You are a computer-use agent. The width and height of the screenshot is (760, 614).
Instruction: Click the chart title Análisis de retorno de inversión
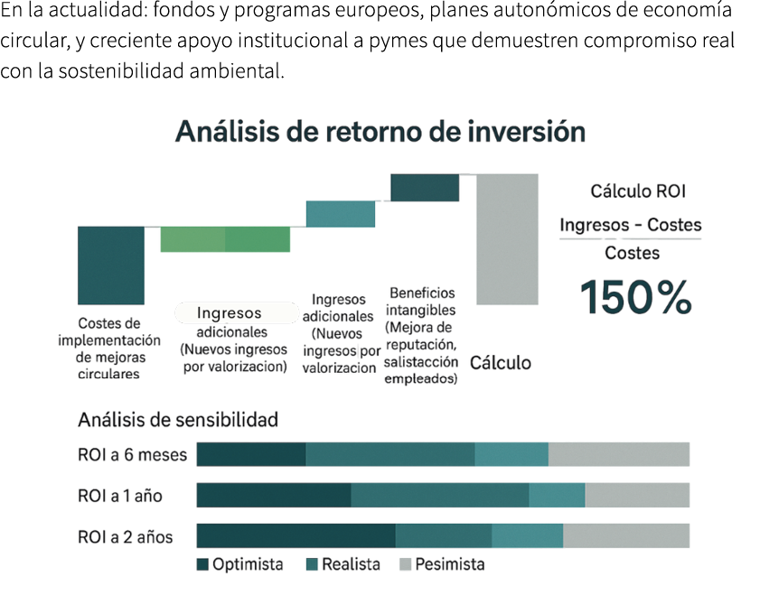[x=380, y=132]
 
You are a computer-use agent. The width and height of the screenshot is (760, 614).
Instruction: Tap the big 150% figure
[x=635, y=297]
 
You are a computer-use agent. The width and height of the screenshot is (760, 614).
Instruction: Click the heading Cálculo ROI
[x=638, y=191]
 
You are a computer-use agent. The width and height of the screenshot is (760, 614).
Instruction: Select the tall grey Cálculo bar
[x=507, y=239]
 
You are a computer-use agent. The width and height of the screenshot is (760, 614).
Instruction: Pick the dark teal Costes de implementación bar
[x=110, y=264]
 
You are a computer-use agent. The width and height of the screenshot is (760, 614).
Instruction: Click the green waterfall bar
[x=225, y=239]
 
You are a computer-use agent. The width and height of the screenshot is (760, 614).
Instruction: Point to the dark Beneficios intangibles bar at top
[x=424, y=187]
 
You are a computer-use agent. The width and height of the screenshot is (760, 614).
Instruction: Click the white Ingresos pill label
[x=235, y=313]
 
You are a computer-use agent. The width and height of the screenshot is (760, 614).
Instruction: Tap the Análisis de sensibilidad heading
[x=178, y=420]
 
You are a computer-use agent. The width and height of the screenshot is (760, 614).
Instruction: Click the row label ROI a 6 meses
[x=132, y=455]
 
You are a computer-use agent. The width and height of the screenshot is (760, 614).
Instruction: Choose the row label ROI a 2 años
[x=126, y=536]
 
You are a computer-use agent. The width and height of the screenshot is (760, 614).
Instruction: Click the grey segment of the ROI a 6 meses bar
[x=619, y=454]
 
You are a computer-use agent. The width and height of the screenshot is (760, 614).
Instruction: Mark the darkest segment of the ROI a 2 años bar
[x=296, y=535]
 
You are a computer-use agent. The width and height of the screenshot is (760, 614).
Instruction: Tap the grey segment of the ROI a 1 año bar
[x=637, y=495]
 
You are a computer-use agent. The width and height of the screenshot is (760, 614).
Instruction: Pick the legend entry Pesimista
[x=449, y=564]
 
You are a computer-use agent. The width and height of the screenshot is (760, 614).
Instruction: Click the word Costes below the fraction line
[x=632, y=253]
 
